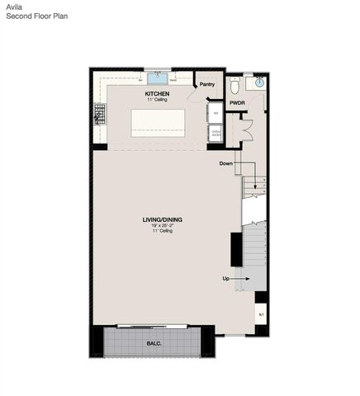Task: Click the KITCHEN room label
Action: point(157,94)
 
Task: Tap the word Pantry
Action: point(207,84)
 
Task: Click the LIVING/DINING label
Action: point(162,219)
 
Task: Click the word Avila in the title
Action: point(13,6)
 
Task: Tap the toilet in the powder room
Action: point(235,85)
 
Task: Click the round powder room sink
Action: point(259,82)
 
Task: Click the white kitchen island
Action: point(157,121)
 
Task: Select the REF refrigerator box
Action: point(216,113)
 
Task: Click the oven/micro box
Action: point(216,132)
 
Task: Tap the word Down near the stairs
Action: point(226,163)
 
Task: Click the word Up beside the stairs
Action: point(225,278)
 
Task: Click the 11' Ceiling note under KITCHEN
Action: point(157,100)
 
